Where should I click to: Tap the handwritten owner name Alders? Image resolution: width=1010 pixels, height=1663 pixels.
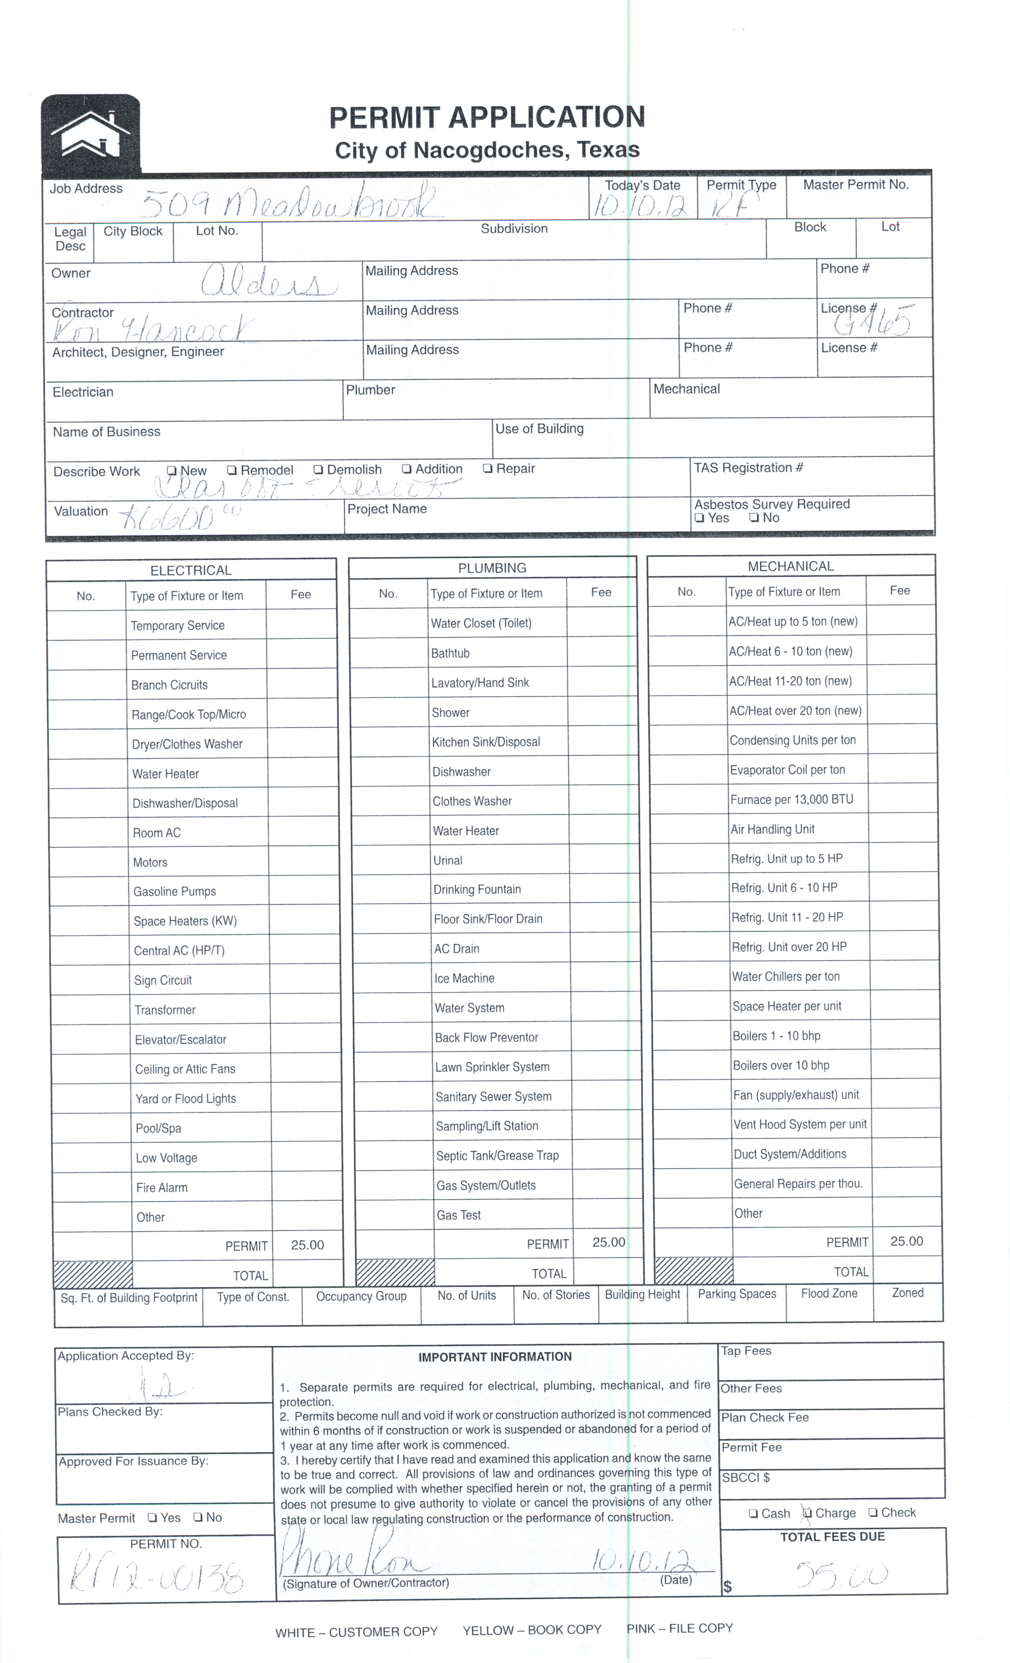click(x=268, y=282)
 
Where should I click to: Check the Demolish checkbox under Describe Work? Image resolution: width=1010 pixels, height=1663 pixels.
click(x=318, y=470)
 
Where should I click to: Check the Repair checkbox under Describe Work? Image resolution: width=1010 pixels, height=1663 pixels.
click(x=488, y=468)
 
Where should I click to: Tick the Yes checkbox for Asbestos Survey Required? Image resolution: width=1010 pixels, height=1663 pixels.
click(x=699, y=518)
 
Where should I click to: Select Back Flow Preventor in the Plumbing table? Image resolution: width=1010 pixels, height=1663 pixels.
click(x=486, y=1037)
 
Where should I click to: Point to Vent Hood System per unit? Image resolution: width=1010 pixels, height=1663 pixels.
click(x=800, y=1125)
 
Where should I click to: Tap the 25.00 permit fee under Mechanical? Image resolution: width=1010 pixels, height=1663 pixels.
click(x=906, y=1241)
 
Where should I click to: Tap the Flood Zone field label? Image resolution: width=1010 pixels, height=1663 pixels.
click(x=829, y=1293)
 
